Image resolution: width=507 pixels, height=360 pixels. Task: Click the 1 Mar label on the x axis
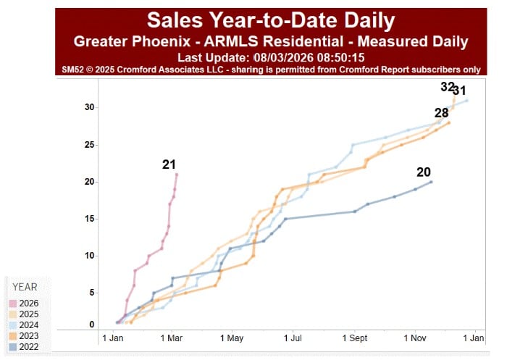(x=172, y=338)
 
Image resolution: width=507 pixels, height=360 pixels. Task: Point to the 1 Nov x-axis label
(x=414, y=338)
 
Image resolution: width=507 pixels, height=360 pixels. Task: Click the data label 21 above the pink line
(x=169, y=165)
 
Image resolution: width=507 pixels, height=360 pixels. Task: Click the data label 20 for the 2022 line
(x=424, y=172)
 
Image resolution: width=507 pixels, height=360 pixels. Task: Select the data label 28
(x=442, y=113)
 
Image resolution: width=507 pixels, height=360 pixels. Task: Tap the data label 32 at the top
(x=447, y=87)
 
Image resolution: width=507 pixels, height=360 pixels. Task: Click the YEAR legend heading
(x=25, y=287)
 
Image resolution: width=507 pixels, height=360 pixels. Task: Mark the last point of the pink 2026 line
(x=177, y=175)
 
